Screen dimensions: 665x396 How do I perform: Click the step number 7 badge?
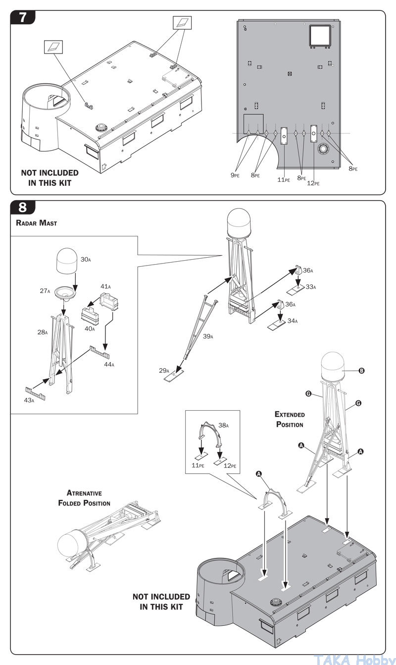[x=23, y=17]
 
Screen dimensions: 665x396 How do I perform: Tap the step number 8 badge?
[x=23, y=208]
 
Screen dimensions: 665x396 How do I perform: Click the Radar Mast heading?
[x=37, y=223]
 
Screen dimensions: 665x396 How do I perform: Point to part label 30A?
[x=86, y=260]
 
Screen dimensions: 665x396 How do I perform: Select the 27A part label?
[x=45, y=291]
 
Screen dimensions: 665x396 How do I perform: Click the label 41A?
[x=105, y=286]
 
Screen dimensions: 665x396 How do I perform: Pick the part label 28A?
[x=43, y=332]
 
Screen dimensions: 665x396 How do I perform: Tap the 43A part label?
[x=29, y=400]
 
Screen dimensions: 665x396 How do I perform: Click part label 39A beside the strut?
[x=208, y=336]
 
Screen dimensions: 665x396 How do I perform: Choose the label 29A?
[x=164, y=371]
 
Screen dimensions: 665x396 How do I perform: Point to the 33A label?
[x=311, y=287]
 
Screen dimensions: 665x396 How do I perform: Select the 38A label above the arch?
[x=224, y=425]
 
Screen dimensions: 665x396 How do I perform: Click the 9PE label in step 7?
[x=235, y=175]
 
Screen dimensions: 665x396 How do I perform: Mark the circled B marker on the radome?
[x=361, y=371]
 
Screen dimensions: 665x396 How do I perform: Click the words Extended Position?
[x=290, y=419]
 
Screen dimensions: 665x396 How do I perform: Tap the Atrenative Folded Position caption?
[x=84, y=498]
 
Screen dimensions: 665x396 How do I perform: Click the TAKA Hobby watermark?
[x=353, y=659]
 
